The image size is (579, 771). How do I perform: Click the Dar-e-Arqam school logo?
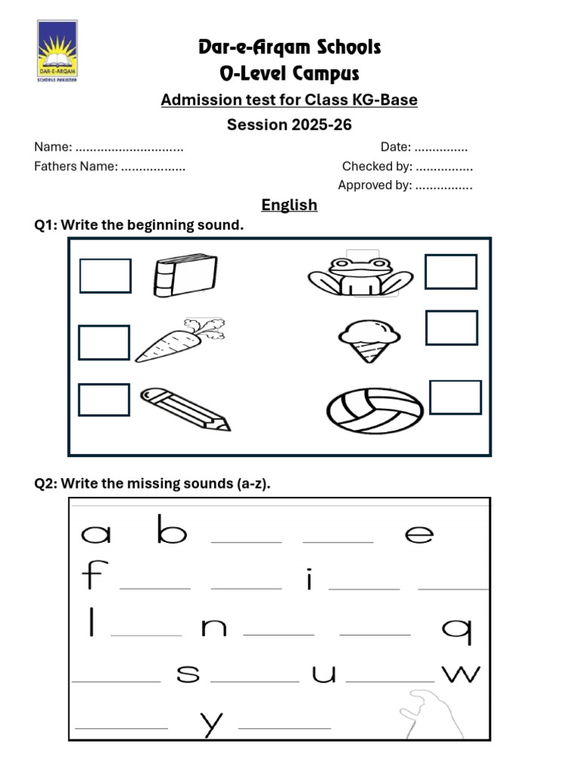(57, 51)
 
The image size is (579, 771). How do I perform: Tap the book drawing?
(185, 276)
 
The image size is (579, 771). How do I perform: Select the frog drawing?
(360, 276)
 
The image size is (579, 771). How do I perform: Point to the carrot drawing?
(179, 340)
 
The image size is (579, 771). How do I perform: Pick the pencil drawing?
(185, 409)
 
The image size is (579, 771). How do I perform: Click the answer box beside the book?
(106, 276)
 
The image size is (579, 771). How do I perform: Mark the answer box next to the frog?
(451, 272)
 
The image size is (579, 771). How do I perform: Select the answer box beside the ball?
(455, 398)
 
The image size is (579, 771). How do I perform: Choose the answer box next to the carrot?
(104, 342)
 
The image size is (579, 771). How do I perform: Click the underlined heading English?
(289, 205)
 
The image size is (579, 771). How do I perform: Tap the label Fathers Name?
(75, 166)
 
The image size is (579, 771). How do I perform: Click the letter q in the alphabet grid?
(457, 630)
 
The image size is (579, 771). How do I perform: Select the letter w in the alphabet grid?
(461, 673)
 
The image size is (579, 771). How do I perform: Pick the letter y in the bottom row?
(212, 724)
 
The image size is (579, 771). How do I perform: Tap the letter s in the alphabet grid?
(188, 673)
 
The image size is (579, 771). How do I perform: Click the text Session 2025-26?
(289, 125)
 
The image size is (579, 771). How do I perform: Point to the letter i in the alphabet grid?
(309, 581)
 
